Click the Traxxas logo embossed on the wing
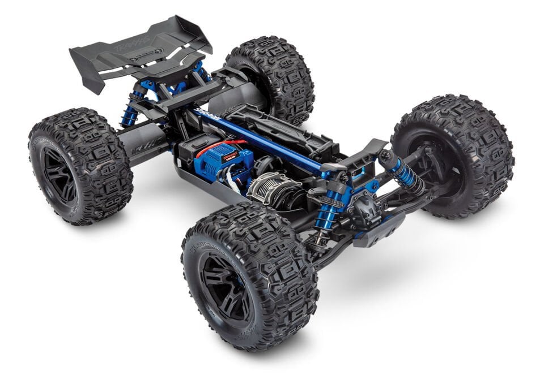[x=135, y=43]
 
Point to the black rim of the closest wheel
[x=226, y=286]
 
